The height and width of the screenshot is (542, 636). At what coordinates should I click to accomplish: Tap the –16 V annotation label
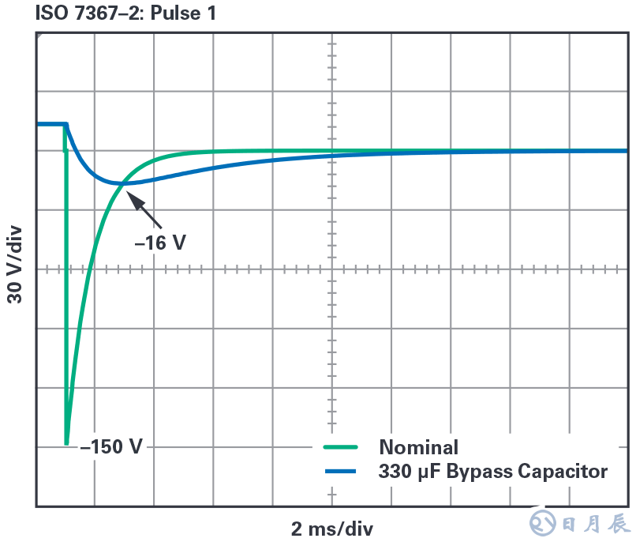point(160,243)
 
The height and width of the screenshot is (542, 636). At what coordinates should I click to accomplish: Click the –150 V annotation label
point(111,446)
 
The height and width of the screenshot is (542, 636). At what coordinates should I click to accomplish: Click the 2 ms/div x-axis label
point(331,528)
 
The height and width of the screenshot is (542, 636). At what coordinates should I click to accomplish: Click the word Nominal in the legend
point(418,447)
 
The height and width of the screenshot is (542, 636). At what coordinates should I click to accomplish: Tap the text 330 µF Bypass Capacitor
point(493,472)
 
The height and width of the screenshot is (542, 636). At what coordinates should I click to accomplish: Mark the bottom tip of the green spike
point(66,443)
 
